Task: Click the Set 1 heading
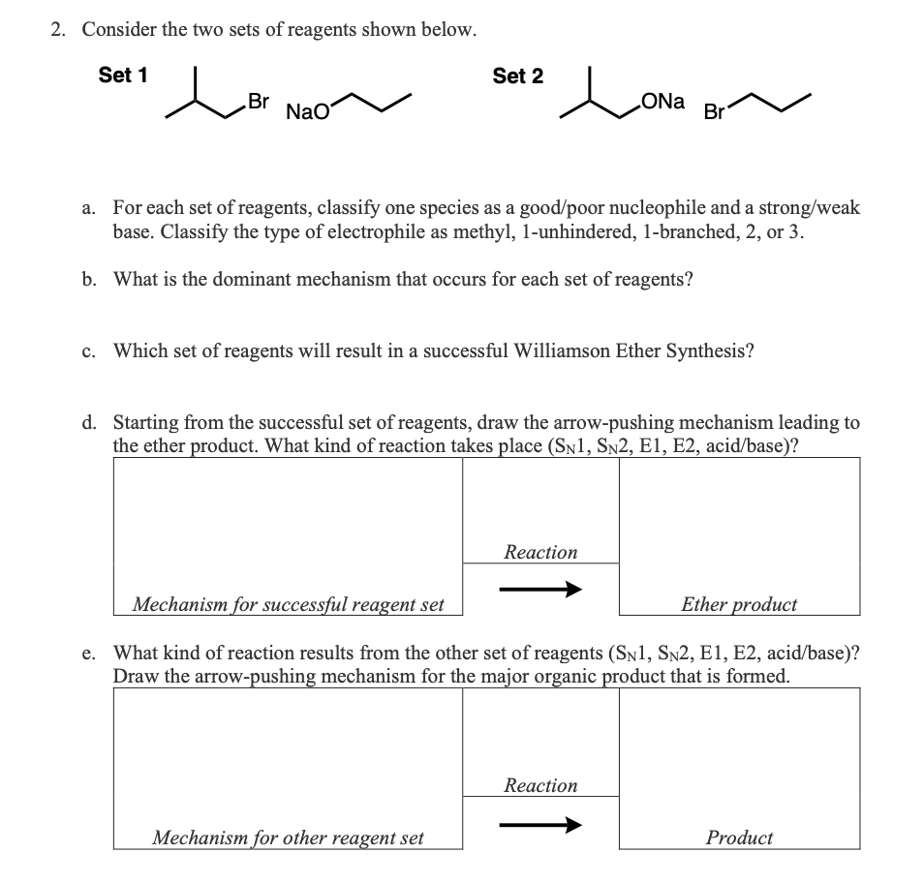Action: [123, 76]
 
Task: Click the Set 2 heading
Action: [517, 76]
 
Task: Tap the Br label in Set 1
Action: [258, 100]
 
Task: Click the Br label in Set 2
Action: [714, 112]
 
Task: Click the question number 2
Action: [59, 29]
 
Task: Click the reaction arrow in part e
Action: [540, 824]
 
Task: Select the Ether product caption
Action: [739, 604]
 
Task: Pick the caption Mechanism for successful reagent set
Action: [288, 604]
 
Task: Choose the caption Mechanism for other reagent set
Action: [288, 837]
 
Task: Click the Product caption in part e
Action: [739, 837]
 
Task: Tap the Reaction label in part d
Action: [540, 552]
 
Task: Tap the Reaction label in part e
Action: [540, 785]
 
